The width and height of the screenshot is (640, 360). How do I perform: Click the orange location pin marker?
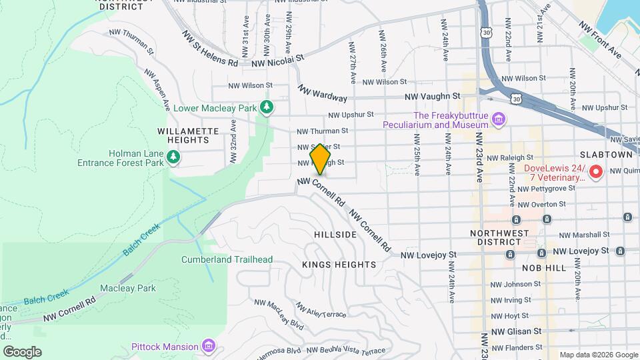coord(321,159)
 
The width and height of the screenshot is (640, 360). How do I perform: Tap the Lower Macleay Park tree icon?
coord(267,107)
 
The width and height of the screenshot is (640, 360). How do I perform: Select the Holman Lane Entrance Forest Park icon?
coord(173,157)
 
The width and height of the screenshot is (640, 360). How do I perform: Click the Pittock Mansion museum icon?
coord(209,346)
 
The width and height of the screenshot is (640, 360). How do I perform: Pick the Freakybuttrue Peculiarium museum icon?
coord(498,119)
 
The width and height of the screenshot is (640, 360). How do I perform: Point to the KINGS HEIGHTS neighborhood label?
coord(339,265)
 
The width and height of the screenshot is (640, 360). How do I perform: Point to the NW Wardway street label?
coord(323,93)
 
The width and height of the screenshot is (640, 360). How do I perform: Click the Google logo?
coord(22,351)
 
